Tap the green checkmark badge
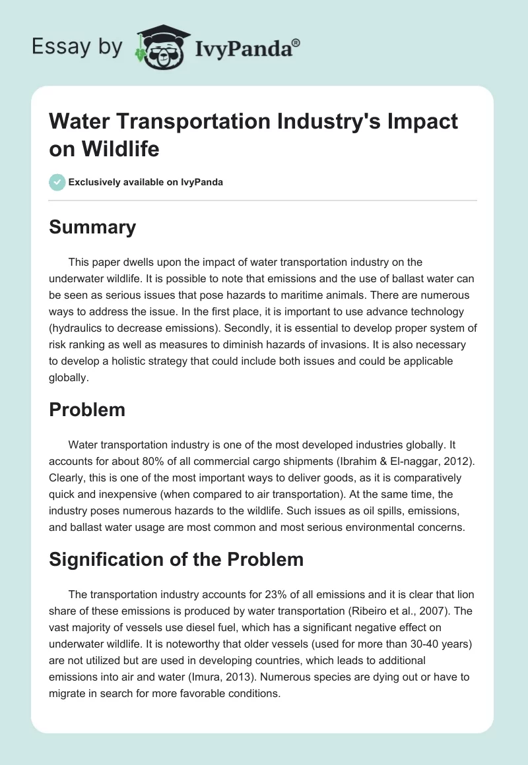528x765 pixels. pos(57,182)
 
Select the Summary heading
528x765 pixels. pos(93,228)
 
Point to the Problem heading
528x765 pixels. pos(87,410)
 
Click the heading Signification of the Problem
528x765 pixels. pos(176,560)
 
